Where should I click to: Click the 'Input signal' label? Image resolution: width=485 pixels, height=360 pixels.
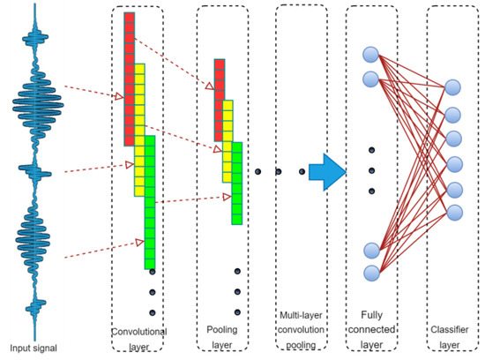coord(34,348)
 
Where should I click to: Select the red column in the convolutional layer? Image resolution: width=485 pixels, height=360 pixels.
coord(129,79)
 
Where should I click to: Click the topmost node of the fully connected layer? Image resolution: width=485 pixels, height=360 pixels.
coord(371,53)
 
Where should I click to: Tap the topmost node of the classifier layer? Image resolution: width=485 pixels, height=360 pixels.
coord(453,87)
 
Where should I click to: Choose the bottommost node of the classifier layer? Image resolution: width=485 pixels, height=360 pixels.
coord(453,212)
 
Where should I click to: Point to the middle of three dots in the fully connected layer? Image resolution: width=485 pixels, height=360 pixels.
coord(371,170)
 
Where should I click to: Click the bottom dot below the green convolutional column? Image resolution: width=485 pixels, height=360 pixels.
coord(153,311)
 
